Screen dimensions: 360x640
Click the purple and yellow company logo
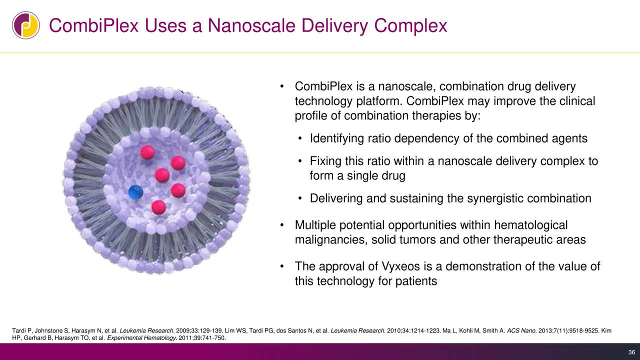point(26,25)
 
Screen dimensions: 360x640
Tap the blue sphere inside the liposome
point(135,192)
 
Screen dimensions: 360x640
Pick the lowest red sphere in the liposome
point(159,206)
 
